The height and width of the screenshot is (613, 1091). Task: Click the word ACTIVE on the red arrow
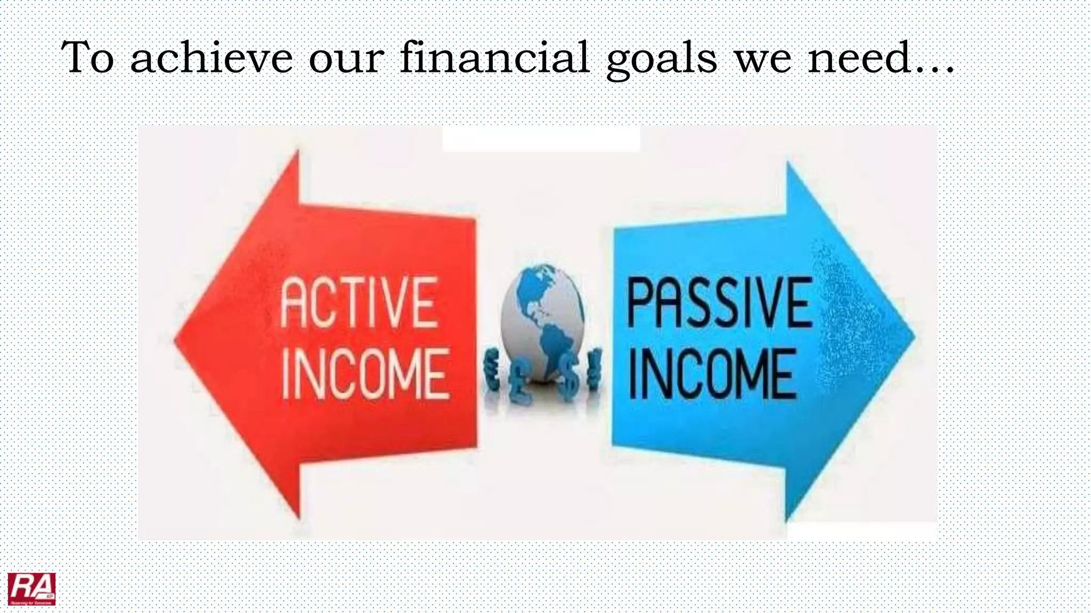coord(359,302)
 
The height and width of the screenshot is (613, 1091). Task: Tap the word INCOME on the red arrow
coord(365,374)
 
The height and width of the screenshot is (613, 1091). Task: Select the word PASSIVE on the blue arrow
coord(720,302)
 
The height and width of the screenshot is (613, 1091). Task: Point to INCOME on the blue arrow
coord(713,374)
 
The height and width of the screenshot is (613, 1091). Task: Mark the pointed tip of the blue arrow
coord(913,336)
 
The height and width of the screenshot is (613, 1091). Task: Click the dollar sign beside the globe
coord(568,372)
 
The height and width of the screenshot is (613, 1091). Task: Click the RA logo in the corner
coord(31,589)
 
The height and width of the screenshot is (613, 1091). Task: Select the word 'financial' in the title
coord(494,57)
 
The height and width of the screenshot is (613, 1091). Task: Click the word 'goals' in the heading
coord(662,60)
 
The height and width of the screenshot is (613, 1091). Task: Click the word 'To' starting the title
coord(87,57)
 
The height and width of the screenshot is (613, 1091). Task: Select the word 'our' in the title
coord(346,60)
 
